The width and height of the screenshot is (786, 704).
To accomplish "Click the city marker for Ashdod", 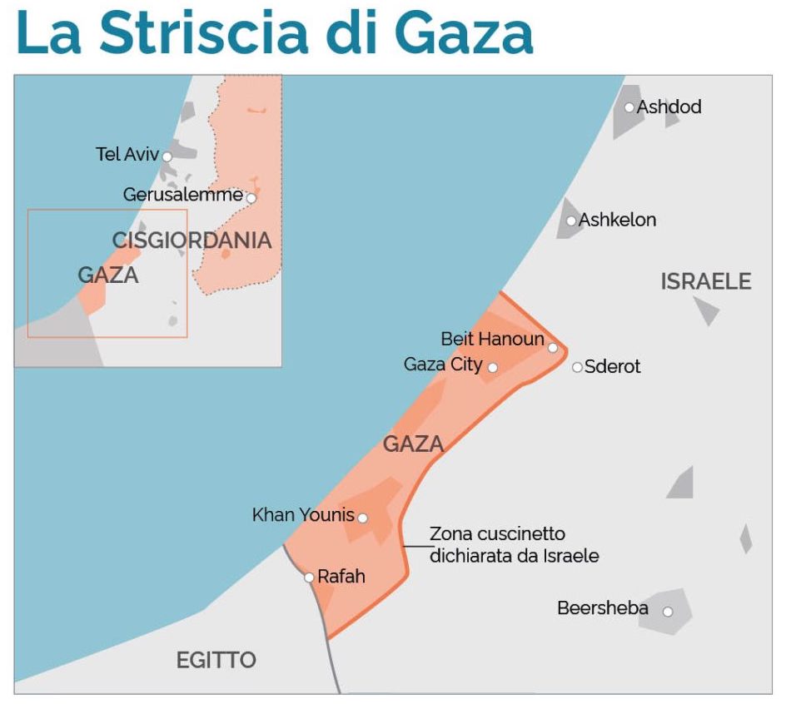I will click(629, 107).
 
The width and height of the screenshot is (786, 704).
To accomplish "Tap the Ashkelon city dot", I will click(571, 221).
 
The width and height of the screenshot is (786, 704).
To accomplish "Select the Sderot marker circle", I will click(577, 367).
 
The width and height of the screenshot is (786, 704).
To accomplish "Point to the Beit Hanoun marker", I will click(552, 347).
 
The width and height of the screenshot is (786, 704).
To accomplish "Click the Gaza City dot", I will click(492, 367).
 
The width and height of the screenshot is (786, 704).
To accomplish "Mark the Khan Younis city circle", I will click(362, 518).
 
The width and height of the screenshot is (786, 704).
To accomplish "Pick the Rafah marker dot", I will click(309, 577).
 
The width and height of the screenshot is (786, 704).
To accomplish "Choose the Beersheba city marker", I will click(667, 612).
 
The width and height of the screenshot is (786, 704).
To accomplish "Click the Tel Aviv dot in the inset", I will click(167, 156).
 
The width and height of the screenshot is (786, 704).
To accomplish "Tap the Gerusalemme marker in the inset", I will click(251, 198).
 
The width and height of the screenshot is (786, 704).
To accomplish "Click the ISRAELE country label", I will click(706, 281).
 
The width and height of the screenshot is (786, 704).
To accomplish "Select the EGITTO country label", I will click(216, 661).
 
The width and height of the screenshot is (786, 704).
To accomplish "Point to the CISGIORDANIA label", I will click(192, 240).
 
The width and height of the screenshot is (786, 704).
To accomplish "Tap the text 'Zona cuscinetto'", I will click(497, 533).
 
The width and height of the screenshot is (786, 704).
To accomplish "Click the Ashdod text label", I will click(669, 107).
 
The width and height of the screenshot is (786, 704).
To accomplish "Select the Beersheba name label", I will click(603, 608).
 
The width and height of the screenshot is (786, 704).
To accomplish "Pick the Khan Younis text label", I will click(303, 515).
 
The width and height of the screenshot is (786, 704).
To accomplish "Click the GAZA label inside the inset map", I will click(107, 275).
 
